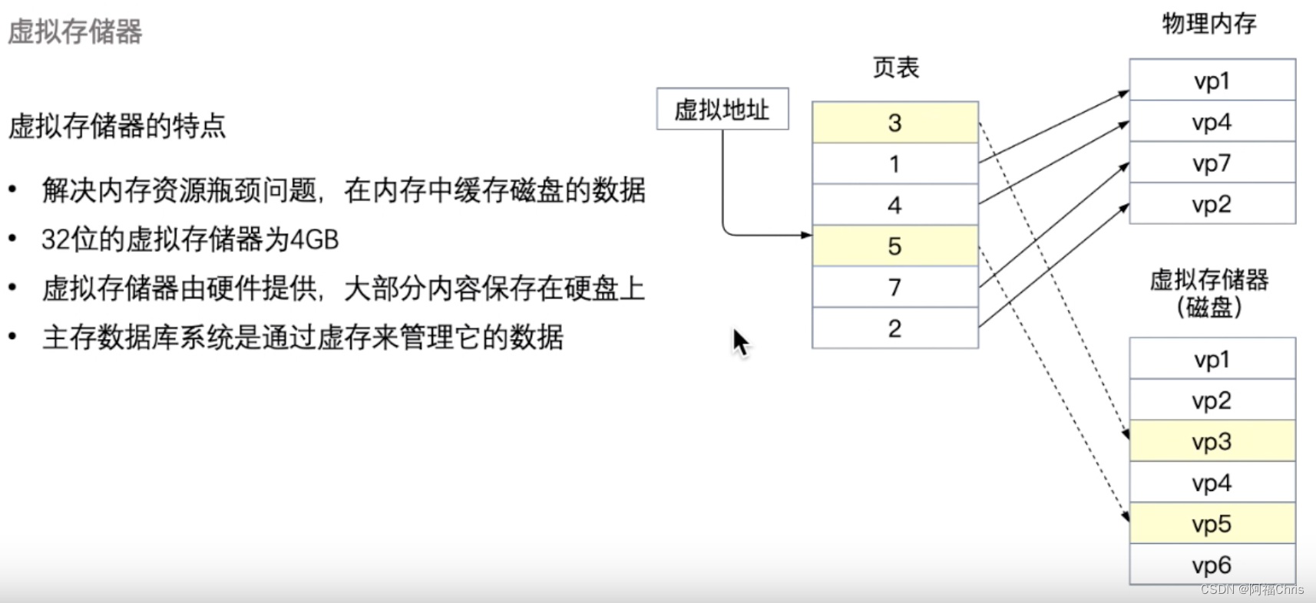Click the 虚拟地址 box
pos(722,109)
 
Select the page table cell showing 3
pos(894,123)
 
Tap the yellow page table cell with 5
pos(894,246)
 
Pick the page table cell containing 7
pos(894,288)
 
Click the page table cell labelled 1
pos(894,164)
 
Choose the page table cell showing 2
pos(894,328)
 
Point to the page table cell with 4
pos(894,205)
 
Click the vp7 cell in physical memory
pos(1212,163)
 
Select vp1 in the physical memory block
pos(1212,81)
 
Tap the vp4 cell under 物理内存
pos(1212,122)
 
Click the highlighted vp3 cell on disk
pos(1212,442)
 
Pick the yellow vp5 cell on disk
pos(1212,524)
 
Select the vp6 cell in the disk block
pos(1212,565)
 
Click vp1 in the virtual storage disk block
pos(1212,359)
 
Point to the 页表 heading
pos(895,68)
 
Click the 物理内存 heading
pos(1209,24)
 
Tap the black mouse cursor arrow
pos(739,341)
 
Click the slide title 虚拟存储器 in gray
pos(75,32)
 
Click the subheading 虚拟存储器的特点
pos(117,126)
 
